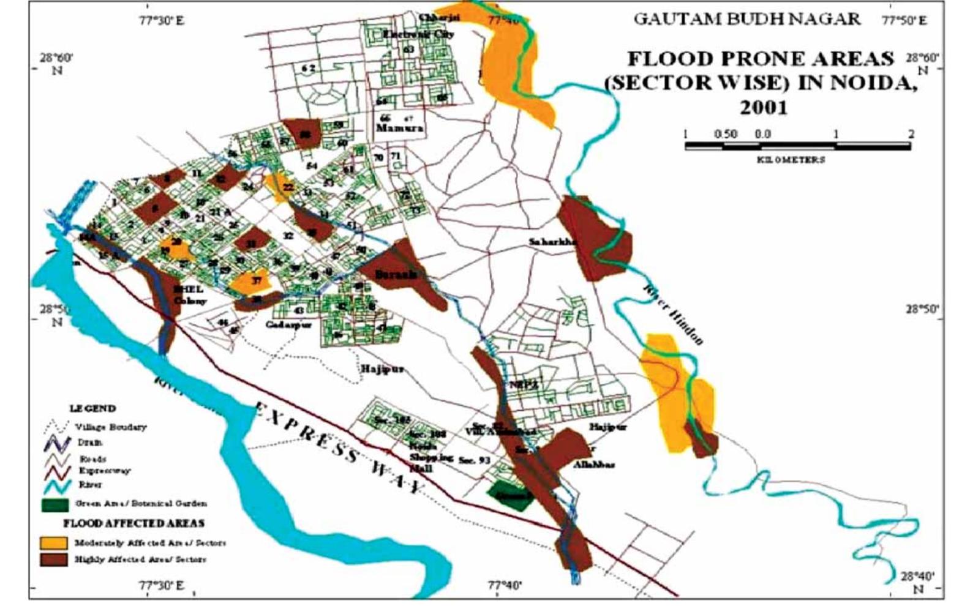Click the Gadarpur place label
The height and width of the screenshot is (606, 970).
288,324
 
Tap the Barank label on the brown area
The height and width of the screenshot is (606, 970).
396,275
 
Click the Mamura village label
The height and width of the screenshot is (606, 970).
399,129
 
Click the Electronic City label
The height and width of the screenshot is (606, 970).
419,34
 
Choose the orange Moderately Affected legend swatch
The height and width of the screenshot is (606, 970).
53,543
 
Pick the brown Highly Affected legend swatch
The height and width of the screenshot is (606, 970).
53,559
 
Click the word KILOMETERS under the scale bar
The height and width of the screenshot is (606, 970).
791,160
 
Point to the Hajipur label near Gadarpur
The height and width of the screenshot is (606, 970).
382,369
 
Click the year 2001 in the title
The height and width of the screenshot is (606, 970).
763,107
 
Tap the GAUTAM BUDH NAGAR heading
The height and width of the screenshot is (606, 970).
746,19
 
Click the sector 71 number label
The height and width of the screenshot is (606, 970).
396,156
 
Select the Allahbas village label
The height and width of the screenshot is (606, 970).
593,465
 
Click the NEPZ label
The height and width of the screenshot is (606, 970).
522,385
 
